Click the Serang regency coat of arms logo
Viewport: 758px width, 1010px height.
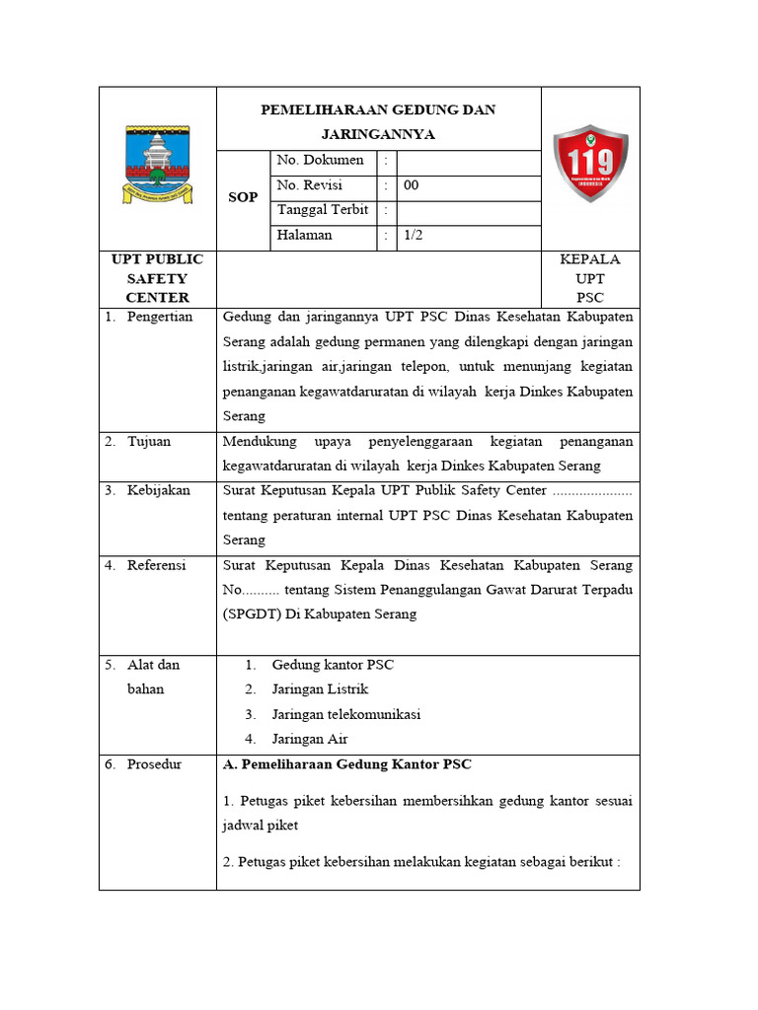click(x=157, y=164)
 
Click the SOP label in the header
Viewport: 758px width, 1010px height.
click(x=243, y=197)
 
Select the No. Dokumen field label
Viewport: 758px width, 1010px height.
click(x=321, y=160)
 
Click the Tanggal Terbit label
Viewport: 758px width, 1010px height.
click(x=323, y=209)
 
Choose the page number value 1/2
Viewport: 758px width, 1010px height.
click(x=413, y=235)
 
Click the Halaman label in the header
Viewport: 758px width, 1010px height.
click(x=305, y=235)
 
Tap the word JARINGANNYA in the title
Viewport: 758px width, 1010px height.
click(x=378, y=134)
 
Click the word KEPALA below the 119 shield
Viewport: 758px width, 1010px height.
click(x=590, y=259)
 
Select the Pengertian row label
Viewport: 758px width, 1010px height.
click(x=160, y=317)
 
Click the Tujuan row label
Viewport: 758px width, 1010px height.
click(x=149, y=441)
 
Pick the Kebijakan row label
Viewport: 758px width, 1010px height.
click(x=159, y=490)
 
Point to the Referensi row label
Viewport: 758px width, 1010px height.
click(x=157, y=565)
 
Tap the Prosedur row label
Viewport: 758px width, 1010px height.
click(x=154, y=764)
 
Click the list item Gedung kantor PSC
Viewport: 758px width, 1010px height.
click(x=333, y=665)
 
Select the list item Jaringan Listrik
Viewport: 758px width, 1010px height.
click(x=320, y=689)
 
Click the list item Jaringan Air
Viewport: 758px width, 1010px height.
click(x=310, y=739)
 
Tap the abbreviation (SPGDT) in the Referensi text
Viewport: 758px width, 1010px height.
click(x=253, y=613)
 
